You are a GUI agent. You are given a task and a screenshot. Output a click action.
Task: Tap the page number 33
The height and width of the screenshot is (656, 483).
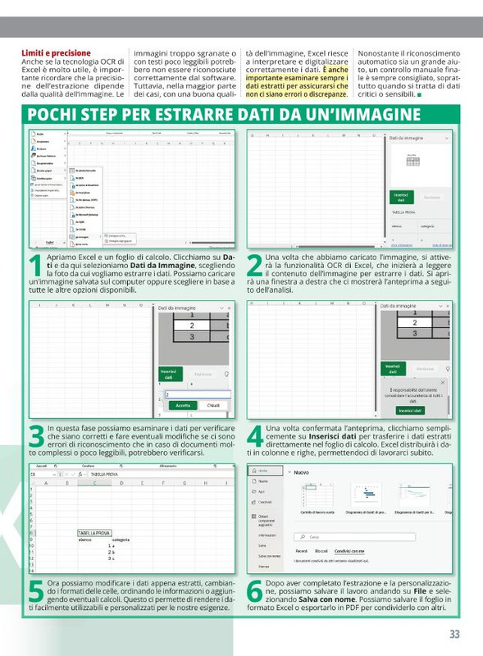[x=454, y=634]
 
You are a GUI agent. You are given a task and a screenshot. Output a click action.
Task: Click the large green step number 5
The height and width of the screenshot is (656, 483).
[x=36, y=592]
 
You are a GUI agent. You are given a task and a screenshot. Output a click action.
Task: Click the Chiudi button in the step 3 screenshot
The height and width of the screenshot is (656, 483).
[x=212, y=405]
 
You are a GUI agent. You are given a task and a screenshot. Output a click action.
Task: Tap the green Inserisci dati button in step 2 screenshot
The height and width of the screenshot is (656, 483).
[x=401, y=197]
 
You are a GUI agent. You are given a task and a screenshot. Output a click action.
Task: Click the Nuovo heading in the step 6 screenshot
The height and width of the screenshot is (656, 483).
[x=301, y=472]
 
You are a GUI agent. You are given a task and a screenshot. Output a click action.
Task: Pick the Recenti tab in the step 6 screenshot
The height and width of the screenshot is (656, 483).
[x=301, y=551]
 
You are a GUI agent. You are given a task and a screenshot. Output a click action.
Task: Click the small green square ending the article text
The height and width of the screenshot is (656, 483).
[x=420, y=95]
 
